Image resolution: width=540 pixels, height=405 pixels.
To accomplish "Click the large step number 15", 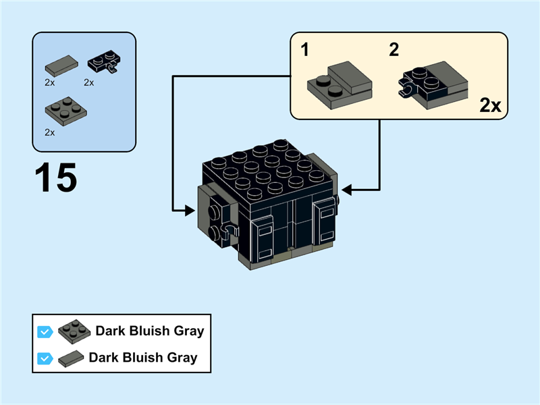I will pyautogui.click(x=55, y=178).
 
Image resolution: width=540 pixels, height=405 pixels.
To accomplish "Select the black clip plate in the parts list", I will pyautogui.click(x=103, y=65).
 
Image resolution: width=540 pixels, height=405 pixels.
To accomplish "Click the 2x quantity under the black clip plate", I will pyautogui.click(x=89, y=82).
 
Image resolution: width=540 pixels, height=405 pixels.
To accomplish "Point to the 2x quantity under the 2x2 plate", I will pyautogui.click(x=50, y=132).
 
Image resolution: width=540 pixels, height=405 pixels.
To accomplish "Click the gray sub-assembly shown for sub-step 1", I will pyautogui.click(x=341, y=83).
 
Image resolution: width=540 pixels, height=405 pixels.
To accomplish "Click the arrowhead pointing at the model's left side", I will pyautogui.click(x=190, y=211).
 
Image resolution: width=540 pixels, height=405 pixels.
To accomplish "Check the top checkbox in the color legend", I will pyautogui.click(x=45, y=331).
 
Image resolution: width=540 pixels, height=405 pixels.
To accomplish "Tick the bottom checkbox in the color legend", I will pyautogui.click(x=45, y=358).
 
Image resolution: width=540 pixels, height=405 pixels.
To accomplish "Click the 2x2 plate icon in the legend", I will pyautogui.click(x=74, y=331).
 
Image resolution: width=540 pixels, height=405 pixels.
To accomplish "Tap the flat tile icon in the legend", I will pyautogui.click(x=72, y=358).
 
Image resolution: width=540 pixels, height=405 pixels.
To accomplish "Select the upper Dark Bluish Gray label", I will pyautogui.click(x=149, y=331).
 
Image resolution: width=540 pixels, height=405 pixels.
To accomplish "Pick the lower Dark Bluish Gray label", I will pyautogui.click(x=143, y=358).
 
